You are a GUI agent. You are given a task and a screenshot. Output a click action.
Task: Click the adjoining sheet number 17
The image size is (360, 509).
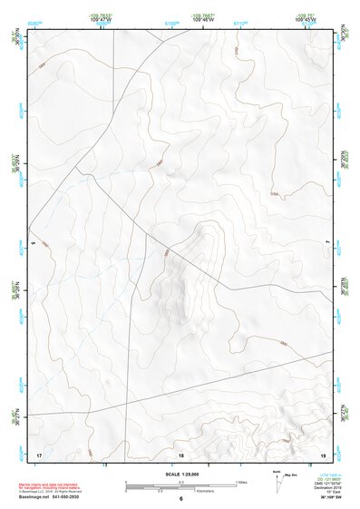[x=39, y=453]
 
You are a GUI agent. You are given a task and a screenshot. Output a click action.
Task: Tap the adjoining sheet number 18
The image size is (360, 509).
[x=180, y=453]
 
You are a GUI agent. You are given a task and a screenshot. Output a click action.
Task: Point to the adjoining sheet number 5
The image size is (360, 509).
[x=33, y=244]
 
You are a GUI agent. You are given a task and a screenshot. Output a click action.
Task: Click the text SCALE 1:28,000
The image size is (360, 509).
[x=180, y=474]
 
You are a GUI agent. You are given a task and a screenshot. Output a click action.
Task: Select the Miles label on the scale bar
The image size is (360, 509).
[x=240, y=481]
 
